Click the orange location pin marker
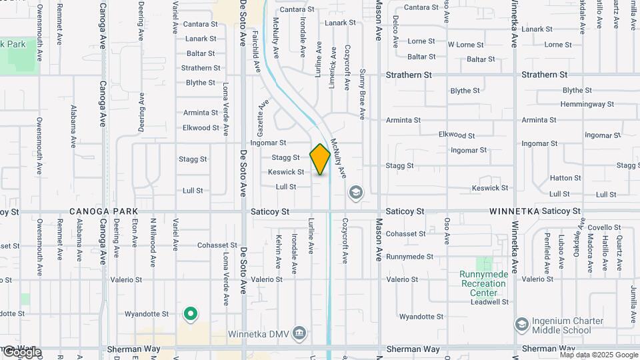320,159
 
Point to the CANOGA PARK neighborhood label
97,211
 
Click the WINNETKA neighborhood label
513,211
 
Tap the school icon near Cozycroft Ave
356,193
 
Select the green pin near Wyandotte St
191,313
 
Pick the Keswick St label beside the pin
286,172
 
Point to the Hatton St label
565,178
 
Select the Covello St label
604,228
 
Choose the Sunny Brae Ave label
362,94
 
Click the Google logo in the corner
21,352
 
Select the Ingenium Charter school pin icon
521,325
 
